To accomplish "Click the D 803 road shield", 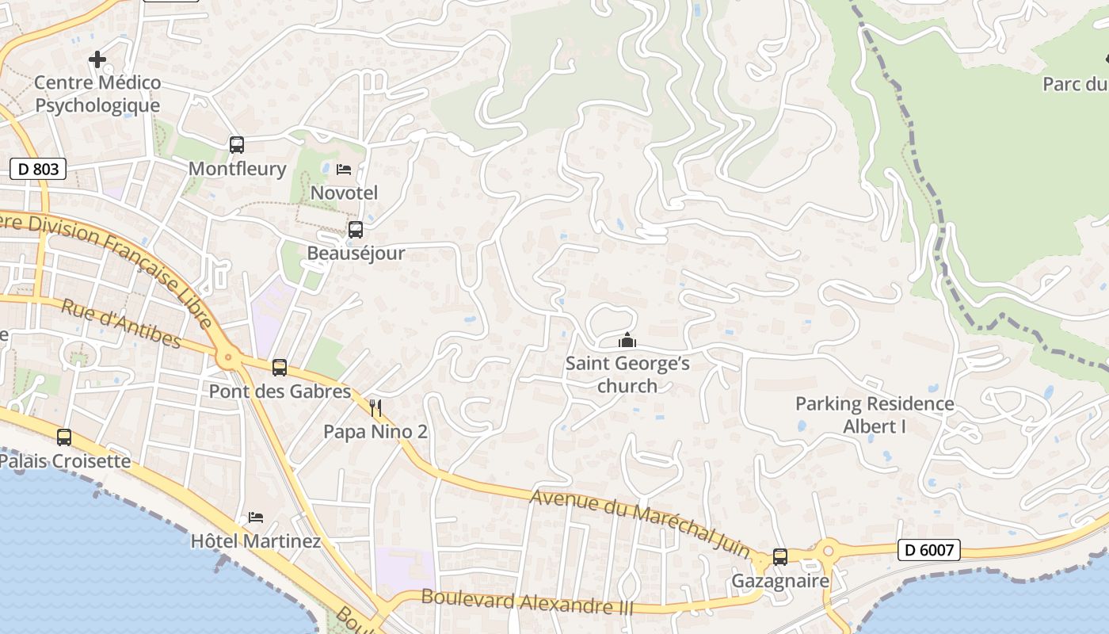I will click(x=37, y=168).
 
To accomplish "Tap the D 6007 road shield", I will click(x=928, y=549).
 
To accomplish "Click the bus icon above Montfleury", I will click(x=237, y=145).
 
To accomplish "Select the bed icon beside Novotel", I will click(x=344, y=170).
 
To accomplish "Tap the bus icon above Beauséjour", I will click(x=356, y=230).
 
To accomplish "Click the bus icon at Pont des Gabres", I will click(x=280, y=368).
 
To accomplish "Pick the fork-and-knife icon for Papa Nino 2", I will click(x=375, y=408).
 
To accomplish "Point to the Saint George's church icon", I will click(x=627, y=341).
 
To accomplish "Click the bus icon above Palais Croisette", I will click(x=64, y=437).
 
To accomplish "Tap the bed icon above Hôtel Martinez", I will click(x=255, y=518).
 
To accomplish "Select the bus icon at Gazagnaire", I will click(x=780, y=557).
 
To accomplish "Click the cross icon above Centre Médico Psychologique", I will click(x=97, y=59).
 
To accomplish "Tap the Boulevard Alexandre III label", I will click(x=528, y=602).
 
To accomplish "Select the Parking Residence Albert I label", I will click(x=875, y=414).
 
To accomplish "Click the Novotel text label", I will click(x=344, y=193).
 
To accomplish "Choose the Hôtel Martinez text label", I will click(x=256, y=541).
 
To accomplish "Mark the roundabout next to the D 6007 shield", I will click(x=829, y=548).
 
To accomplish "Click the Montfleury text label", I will click(x=237, y=169).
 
